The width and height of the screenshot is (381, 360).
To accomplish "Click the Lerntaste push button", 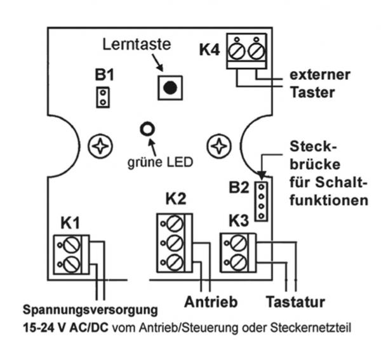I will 169,88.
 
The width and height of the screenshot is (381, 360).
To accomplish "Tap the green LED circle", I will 147,130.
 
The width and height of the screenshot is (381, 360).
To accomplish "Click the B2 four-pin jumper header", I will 260,201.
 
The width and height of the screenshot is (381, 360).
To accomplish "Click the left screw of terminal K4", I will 237,50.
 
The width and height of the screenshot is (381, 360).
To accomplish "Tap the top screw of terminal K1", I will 71,244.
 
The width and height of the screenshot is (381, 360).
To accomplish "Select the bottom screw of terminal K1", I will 71,263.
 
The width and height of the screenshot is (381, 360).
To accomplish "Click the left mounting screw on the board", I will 100,145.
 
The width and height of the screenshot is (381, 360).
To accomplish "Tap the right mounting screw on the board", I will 219,145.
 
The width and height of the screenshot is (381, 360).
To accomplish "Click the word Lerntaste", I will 136,45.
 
